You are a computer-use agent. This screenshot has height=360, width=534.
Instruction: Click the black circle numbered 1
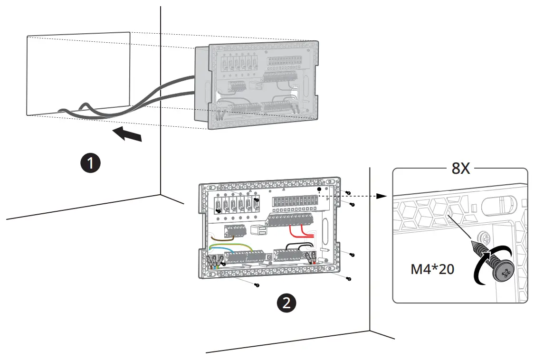[90, 163]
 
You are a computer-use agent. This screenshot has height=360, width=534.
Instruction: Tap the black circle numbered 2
[286, 303]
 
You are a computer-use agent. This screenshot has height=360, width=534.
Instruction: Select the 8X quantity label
[460, 168]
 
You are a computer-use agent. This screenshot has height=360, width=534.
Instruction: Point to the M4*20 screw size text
[432, 270]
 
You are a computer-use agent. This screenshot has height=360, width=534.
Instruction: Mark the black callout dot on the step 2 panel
[319, 189]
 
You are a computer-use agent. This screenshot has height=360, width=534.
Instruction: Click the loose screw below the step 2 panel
[257, 285]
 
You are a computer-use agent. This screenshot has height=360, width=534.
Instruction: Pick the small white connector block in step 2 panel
[258, 230]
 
